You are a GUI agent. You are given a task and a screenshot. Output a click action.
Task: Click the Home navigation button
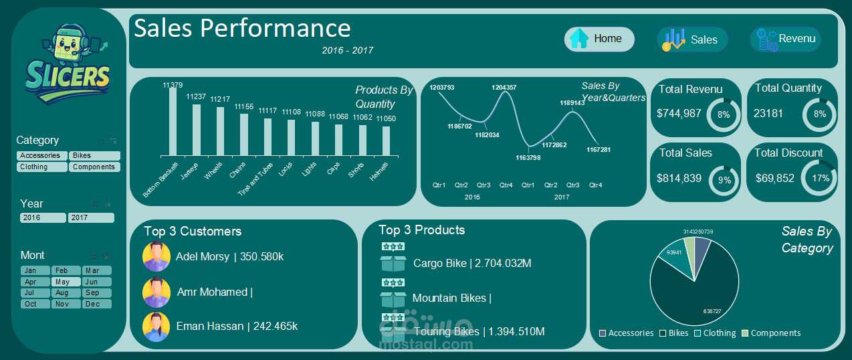click(x=599, y=39)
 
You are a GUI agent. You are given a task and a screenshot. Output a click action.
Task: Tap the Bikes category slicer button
click(x=95, y=155)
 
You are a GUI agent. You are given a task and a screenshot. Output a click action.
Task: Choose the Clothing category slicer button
click(x=41, y=167)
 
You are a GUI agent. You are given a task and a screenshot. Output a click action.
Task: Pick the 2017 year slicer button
click(x=91, y=217)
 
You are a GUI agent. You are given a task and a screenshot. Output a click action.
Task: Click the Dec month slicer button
click(x=96, y=304)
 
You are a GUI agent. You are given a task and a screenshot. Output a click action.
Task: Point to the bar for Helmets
click(x=386, y=141)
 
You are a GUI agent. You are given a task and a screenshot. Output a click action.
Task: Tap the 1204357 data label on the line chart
click(x=504, y=88)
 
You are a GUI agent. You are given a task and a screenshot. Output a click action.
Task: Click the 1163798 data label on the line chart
click(x=528, y=158)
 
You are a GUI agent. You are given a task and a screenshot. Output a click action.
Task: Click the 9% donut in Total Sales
click(x=724, y=179)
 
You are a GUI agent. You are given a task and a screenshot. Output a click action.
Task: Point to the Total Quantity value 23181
click(x=768, y=113)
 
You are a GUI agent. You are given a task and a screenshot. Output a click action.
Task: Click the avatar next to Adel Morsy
click(x=156, y=256)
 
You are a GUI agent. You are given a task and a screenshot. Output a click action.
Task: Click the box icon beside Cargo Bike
click(x=393, y=263)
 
